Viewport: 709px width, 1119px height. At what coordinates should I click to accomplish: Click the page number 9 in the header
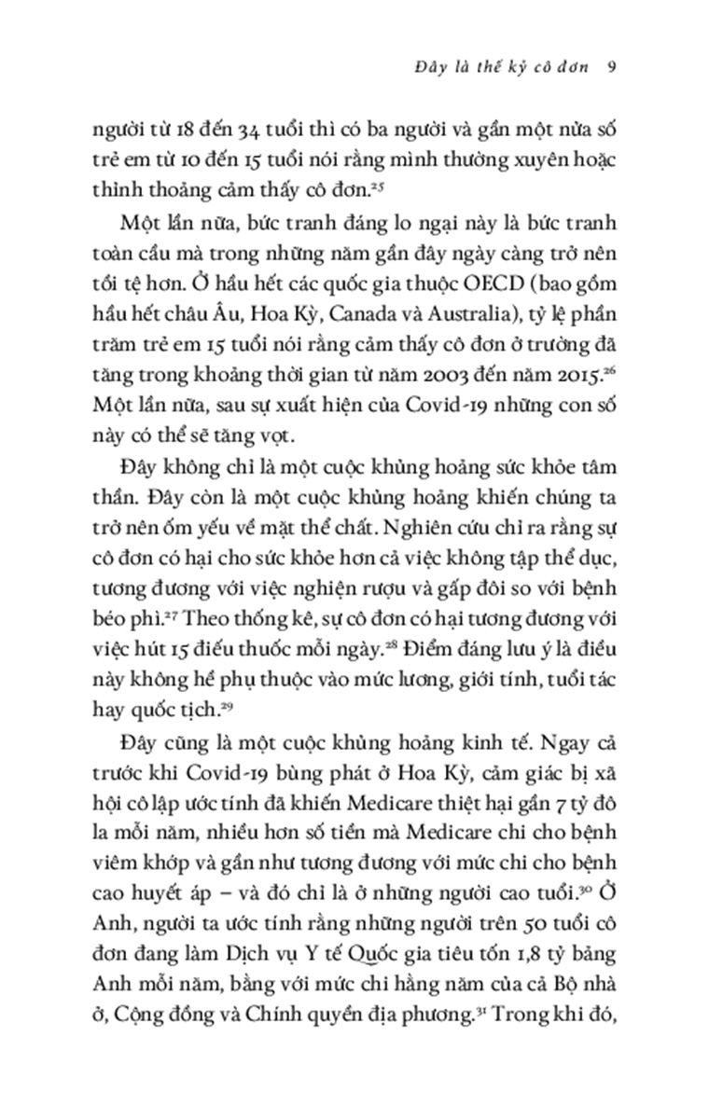pyautogui.click(x=608, y=67)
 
